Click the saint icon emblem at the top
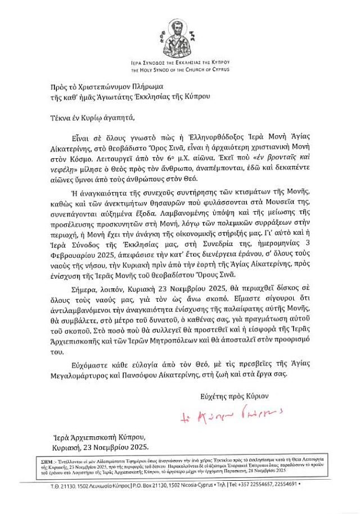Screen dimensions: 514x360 pos(181,36)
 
